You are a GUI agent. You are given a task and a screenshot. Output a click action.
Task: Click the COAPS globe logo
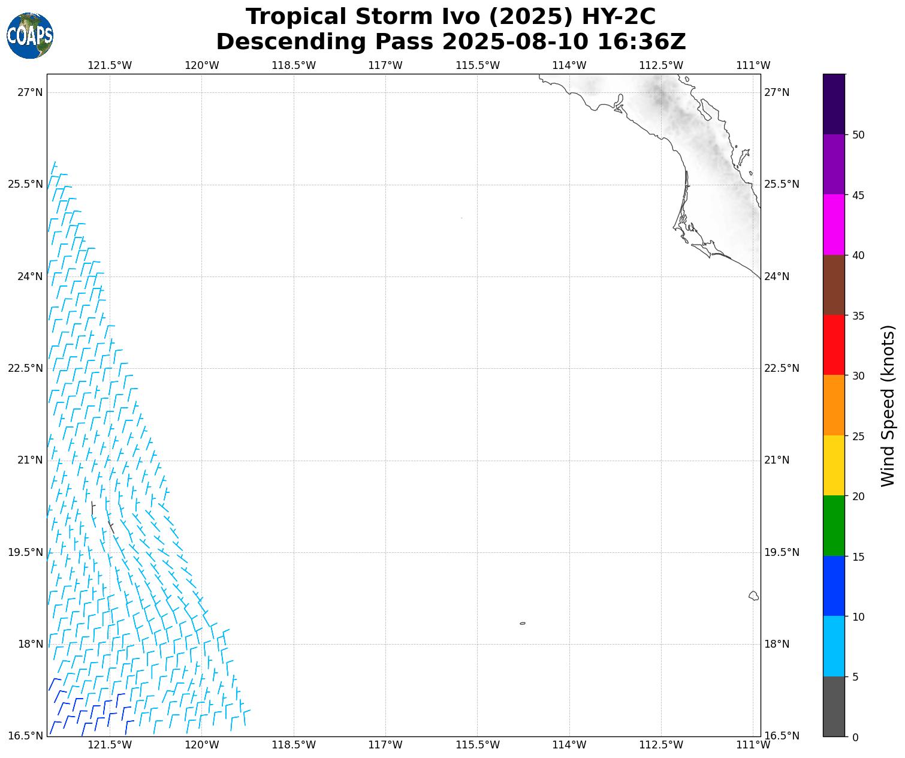30,35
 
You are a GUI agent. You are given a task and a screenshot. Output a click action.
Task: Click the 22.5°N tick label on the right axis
782,368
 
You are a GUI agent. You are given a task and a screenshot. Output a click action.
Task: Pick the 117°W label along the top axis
385,65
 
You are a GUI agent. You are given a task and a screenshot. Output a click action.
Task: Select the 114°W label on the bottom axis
569,745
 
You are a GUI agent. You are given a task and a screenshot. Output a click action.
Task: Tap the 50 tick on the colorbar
858,135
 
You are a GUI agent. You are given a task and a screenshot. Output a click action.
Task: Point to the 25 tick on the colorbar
858,436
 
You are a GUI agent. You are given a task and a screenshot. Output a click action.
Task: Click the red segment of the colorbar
834,345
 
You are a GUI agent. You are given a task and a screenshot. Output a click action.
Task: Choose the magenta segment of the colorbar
834,224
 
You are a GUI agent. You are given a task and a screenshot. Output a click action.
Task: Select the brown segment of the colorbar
834,285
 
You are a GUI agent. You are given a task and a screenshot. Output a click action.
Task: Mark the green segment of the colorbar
834,525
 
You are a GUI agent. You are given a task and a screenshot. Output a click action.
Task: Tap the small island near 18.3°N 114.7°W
523,623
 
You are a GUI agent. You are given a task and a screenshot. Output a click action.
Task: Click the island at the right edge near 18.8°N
753,595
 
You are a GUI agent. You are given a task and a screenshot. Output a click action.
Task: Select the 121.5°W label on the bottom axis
110,745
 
